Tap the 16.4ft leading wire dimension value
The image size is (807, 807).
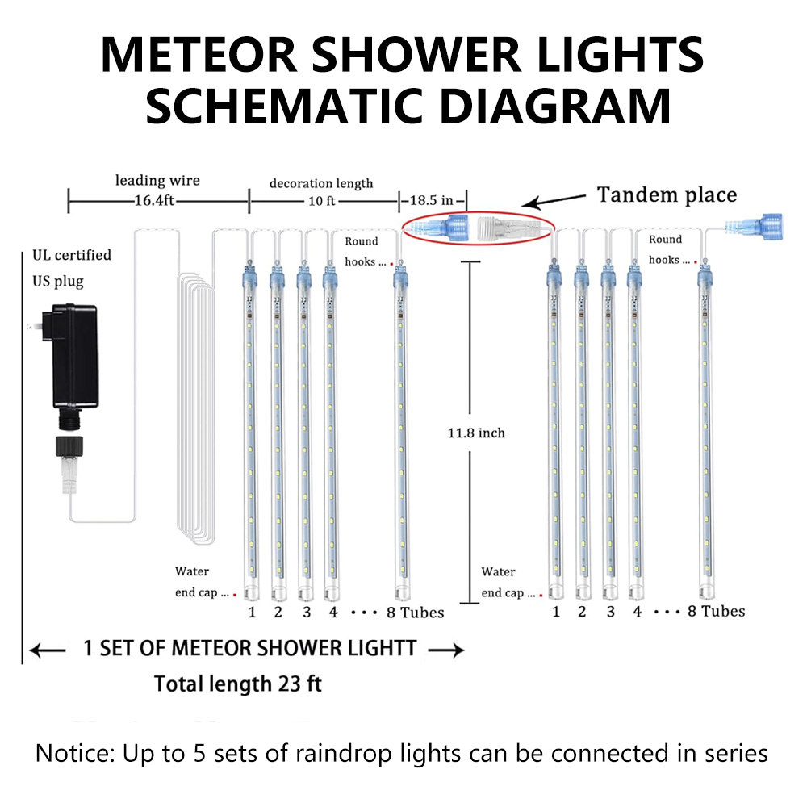[154, 200]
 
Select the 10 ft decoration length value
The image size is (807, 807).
[322, 201]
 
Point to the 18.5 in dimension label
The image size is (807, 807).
[431, 200]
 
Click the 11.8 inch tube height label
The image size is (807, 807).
[476, 433]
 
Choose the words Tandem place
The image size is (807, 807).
[667, 195]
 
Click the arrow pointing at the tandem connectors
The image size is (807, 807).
[557, 201]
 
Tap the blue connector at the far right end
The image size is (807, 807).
[754, 227]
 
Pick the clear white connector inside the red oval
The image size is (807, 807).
[508, 228]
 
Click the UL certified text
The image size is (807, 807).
[72, 255]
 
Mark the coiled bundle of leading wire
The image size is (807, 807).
[196, 408]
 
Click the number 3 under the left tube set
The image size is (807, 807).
[307, 612]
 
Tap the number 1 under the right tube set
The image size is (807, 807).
[556, 612]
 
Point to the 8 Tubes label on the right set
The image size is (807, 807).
[716, 612]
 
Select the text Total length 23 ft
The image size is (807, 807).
[238, 684]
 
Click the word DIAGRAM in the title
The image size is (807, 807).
[555, 106]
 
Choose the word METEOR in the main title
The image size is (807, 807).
[199, 55]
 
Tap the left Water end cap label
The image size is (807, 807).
[202, 582]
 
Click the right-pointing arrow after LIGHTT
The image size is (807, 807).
[445, 650]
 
